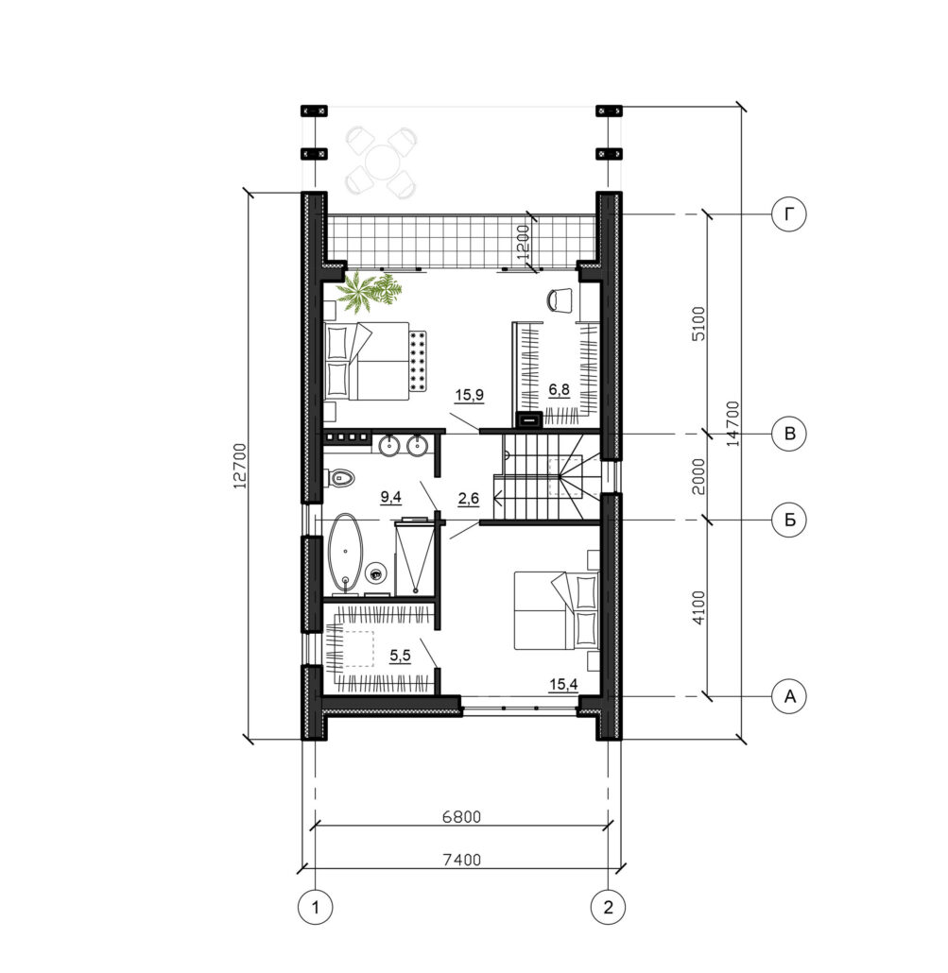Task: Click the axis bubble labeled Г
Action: [789, 214]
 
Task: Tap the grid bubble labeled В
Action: [789, 434]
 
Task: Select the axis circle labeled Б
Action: [789, 520]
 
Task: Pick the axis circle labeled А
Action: [789, 696]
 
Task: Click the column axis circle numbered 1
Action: [316, 907]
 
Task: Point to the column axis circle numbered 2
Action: [608, 907]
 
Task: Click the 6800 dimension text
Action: [461, 816]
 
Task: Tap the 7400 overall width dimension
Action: [461, 860]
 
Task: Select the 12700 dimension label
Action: [240, 466]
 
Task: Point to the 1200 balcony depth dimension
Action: [524, 242]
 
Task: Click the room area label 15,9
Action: [470, 395]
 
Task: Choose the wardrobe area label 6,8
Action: [559, 390]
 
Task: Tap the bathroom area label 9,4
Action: [391, 497]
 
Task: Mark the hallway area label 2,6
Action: [468, 498]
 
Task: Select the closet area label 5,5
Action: [401, 656]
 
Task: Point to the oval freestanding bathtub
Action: [345, 551]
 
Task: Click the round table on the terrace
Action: [381, 162]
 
